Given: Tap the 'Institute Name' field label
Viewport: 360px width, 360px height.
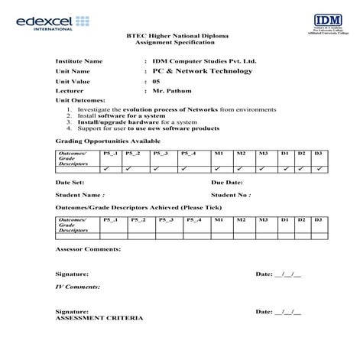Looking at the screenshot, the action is point(79,60).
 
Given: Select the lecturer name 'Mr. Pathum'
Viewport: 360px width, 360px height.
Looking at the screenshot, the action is point(170,91).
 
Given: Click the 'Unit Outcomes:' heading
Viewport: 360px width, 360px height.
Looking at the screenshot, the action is point(79,101).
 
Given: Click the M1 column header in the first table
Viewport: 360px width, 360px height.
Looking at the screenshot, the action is point(219,154).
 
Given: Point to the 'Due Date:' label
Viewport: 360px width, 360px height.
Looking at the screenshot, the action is point(227,183).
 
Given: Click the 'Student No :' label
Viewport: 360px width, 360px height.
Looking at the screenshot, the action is point(230,195).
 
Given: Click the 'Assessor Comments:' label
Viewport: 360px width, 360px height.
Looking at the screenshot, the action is point(88,249).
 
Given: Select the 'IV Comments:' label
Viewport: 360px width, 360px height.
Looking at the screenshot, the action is point(78,286).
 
